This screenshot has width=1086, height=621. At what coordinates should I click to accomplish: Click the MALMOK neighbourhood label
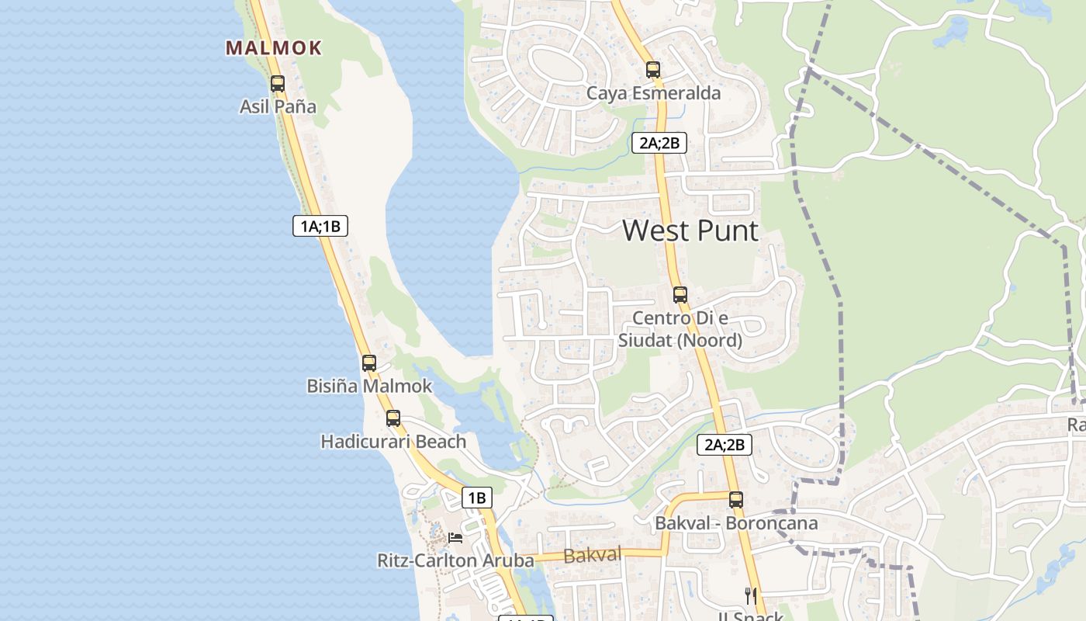pyautogui.click(x=274, y=48)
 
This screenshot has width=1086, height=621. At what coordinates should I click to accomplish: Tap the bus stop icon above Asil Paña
pyautogui.click(x=278, y=84)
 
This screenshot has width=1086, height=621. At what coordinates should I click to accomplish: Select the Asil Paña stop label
pyautogui.click(x=278, y=106)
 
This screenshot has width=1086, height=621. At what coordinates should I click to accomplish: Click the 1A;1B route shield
pyautogui.click(x=320, y=226)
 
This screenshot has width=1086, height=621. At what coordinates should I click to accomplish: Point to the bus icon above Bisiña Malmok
pyautogui.click(x=369, y=363)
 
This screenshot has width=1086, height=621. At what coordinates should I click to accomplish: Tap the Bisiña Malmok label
pyautogui.click(x=369, y=386)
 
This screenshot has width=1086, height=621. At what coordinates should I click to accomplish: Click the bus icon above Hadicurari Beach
pyautogui.click(x=393, y=418)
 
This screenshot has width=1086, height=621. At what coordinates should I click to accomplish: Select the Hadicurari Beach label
pyautogui.click(x=393, y=442)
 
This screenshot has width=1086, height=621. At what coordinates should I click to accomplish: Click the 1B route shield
pyautogui.click(x=477, y=498)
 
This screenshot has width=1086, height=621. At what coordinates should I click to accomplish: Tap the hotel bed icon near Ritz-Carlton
pyautogui.click(x=455, y=537)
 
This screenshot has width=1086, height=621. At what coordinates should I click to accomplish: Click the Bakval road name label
pyautogui.click(x=593, y=555)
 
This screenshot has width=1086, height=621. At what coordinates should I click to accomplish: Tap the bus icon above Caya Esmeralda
pyautogui.click(x=653, y=70)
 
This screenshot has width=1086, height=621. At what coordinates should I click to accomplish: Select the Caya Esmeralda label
pyautogui.click(x=653, y=93)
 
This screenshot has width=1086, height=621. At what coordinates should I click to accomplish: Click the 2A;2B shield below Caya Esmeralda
pyautogui.click(x=659, y=143)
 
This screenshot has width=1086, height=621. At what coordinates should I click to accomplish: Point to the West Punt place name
pyautogui.click(x=690, y=231)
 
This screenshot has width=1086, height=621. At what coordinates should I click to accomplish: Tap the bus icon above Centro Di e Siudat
pyautogui.click(x=680, y=295)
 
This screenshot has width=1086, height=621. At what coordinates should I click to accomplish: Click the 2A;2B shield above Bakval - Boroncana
pyautogui.click(x=725, y=445)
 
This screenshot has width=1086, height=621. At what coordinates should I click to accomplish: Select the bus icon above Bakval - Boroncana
pyautogui.click(x=736, y=500)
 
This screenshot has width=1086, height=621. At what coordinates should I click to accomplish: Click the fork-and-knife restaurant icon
pyautogui.click(x=750, y=595)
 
